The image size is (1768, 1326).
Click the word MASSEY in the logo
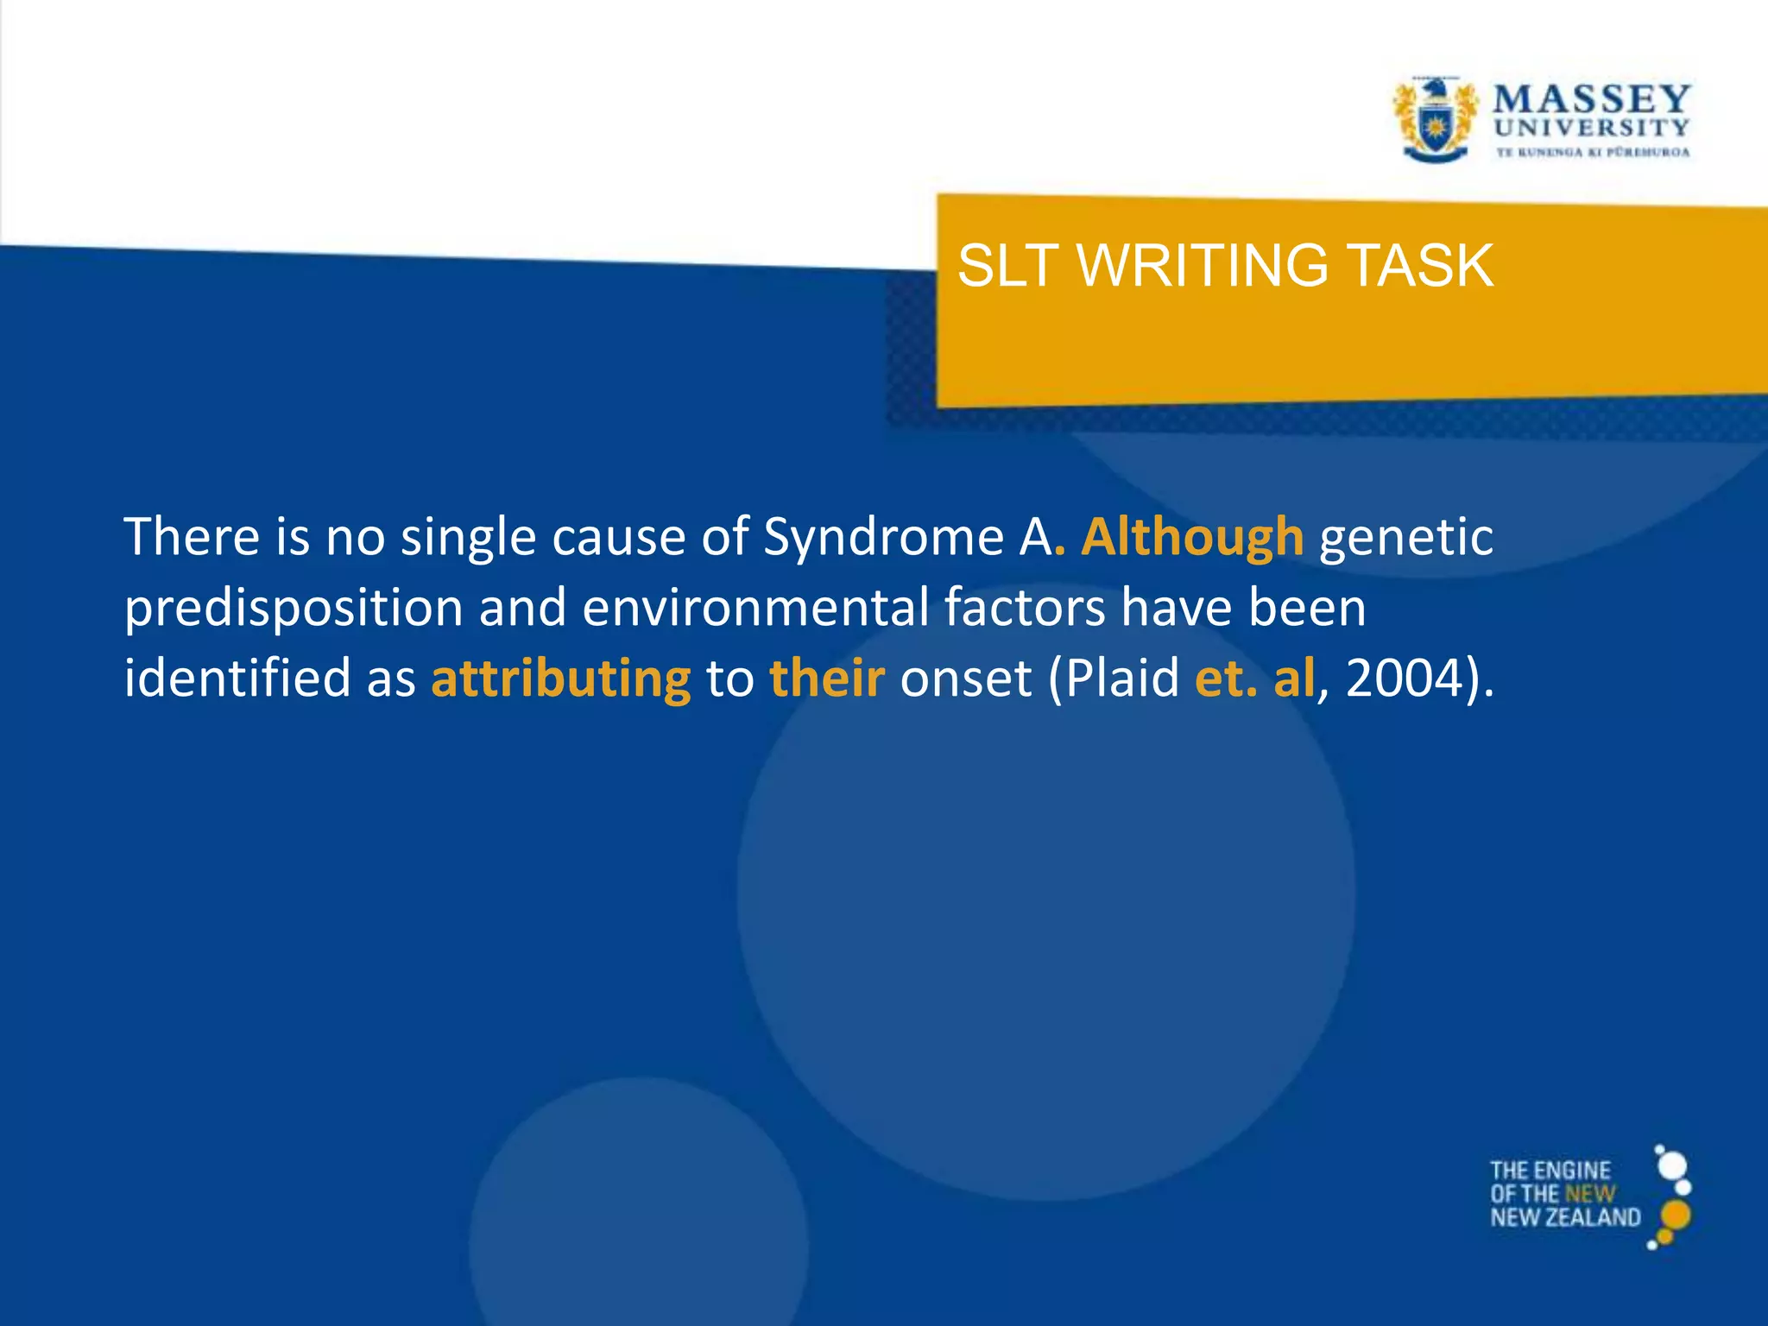tap(1591, 98)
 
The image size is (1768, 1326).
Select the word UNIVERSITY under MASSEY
tap(1591, 129)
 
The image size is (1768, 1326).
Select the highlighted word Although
tap(1192, 537)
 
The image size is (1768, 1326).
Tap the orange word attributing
tap(561, 679)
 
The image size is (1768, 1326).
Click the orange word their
tap(827, 679)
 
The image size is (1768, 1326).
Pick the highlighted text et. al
tap(1254, 679)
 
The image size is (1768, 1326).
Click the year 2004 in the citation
tap(1405, 679)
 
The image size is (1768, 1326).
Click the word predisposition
tap(294, 608)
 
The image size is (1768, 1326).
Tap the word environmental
tap(755, 608)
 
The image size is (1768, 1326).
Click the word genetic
tap(1406, 537)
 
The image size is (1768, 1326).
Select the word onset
tap(965, 679)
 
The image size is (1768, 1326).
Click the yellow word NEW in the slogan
tap(1590, 1195)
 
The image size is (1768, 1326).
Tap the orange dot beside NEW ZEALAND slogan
tap(1676, 1215)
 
